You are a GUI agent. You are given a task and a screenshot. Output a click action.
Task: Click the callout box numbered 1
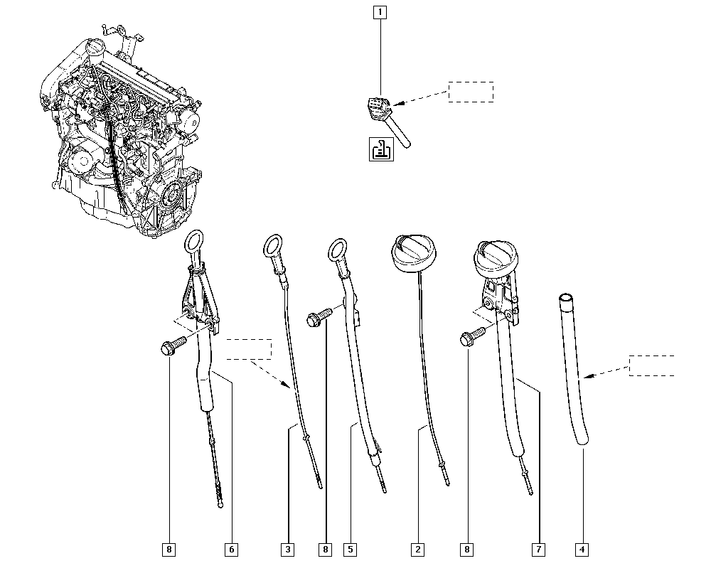coord(380,12)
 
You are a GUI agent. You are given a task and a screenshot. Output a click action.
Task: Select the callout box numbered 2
coord(417,550)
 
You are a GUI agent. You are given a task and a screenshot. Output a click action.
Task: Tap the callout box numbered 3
coord(288,550)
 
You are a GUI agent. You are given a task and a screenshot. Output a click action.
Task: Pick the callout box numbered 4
coord(582,550)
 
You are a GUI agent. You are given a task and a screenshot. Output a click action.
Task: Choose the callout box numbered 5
coord(351,550)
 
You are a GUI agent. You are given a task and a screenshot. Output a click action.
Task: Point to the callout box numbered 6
coord(231,550)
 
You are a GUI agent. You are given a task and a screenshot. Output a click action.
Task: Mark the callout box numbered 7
coord(538,550)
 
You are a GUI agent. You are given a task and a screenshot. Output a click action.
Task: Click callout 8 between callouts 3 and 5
coord(325,550)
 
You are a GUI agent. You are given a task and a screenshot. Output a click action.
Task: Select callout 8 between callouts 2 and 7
coord(466,550)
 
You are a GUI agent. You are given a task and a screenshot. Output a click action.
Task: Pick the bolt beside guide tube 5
coord(319,316)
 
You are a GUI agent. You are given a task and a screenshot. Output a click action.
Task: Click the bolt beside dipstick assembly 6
coord(173,346)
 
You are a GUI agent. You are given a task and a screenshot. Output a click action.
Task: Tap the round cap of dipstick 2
coord(414,254)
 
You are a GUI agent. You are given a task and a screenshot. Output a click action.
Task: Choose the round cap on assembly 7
coord(494,257)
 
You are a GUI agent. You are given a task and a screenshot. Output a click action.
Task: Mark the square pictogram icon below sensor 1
coord(381,149)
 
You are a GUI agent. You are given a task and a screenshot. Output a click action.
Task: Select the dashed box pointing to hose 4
coord(651,366)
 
